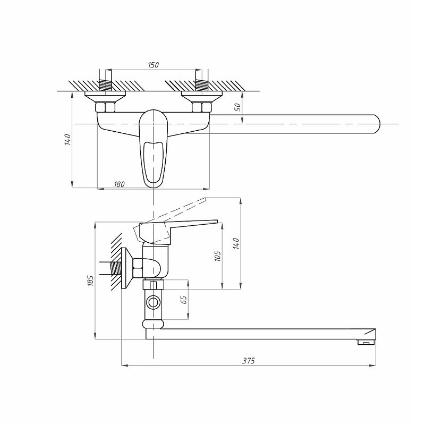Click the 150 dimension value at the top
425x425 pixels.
coord(153,65)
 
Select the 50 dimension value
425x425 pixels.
coord(237,107)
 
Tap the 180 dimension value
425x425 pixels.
coord(119,184)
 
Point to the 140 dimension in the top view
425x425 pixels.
coord(67,139)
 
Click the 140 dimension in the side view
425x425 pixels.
coord(236,243)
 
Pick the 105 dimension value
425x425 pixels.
coord(217,256)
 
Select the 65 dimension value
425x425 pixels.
coord(184,300)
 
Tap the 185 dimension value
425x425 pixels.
coord(90,280)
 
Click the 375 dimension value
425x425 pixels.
coord(249,361)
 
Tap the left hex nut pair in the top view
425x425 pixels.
coord(105,107)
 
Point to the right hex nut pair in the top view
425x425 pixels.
coord(202,107)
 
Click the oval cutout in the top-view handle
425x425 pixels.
coord(154,162)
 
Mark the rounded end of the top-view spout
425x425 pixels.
coord(377,124)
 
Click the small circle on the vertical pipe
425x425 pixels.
coord(154,302)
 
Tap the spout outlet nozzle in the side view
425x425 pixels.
coord(366,342)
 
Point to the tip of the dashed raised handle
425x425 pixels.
coord(206,200)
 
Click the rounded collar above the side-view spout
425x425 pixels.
coord(153,324)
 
